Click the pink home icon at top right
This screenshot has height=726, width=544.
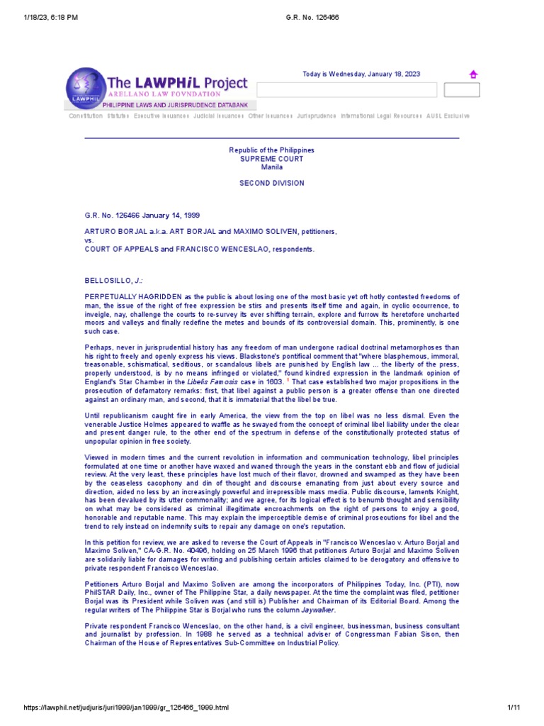(473, 74)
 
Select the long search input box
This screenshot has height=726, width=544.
(346, 90)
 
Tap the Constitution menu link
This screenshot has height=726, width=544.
(86, 116)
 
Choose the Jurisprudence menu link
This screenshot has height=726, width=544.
(316, 116)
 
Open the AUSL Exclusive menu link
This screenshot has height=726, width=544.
(448, 116)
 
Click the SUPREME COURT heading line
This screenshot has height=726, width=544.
(271, 159)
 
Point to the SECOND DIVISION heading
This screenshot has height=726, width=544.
(271, 183)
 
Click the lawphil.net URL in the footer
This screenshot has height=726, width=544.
(117, 709)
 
